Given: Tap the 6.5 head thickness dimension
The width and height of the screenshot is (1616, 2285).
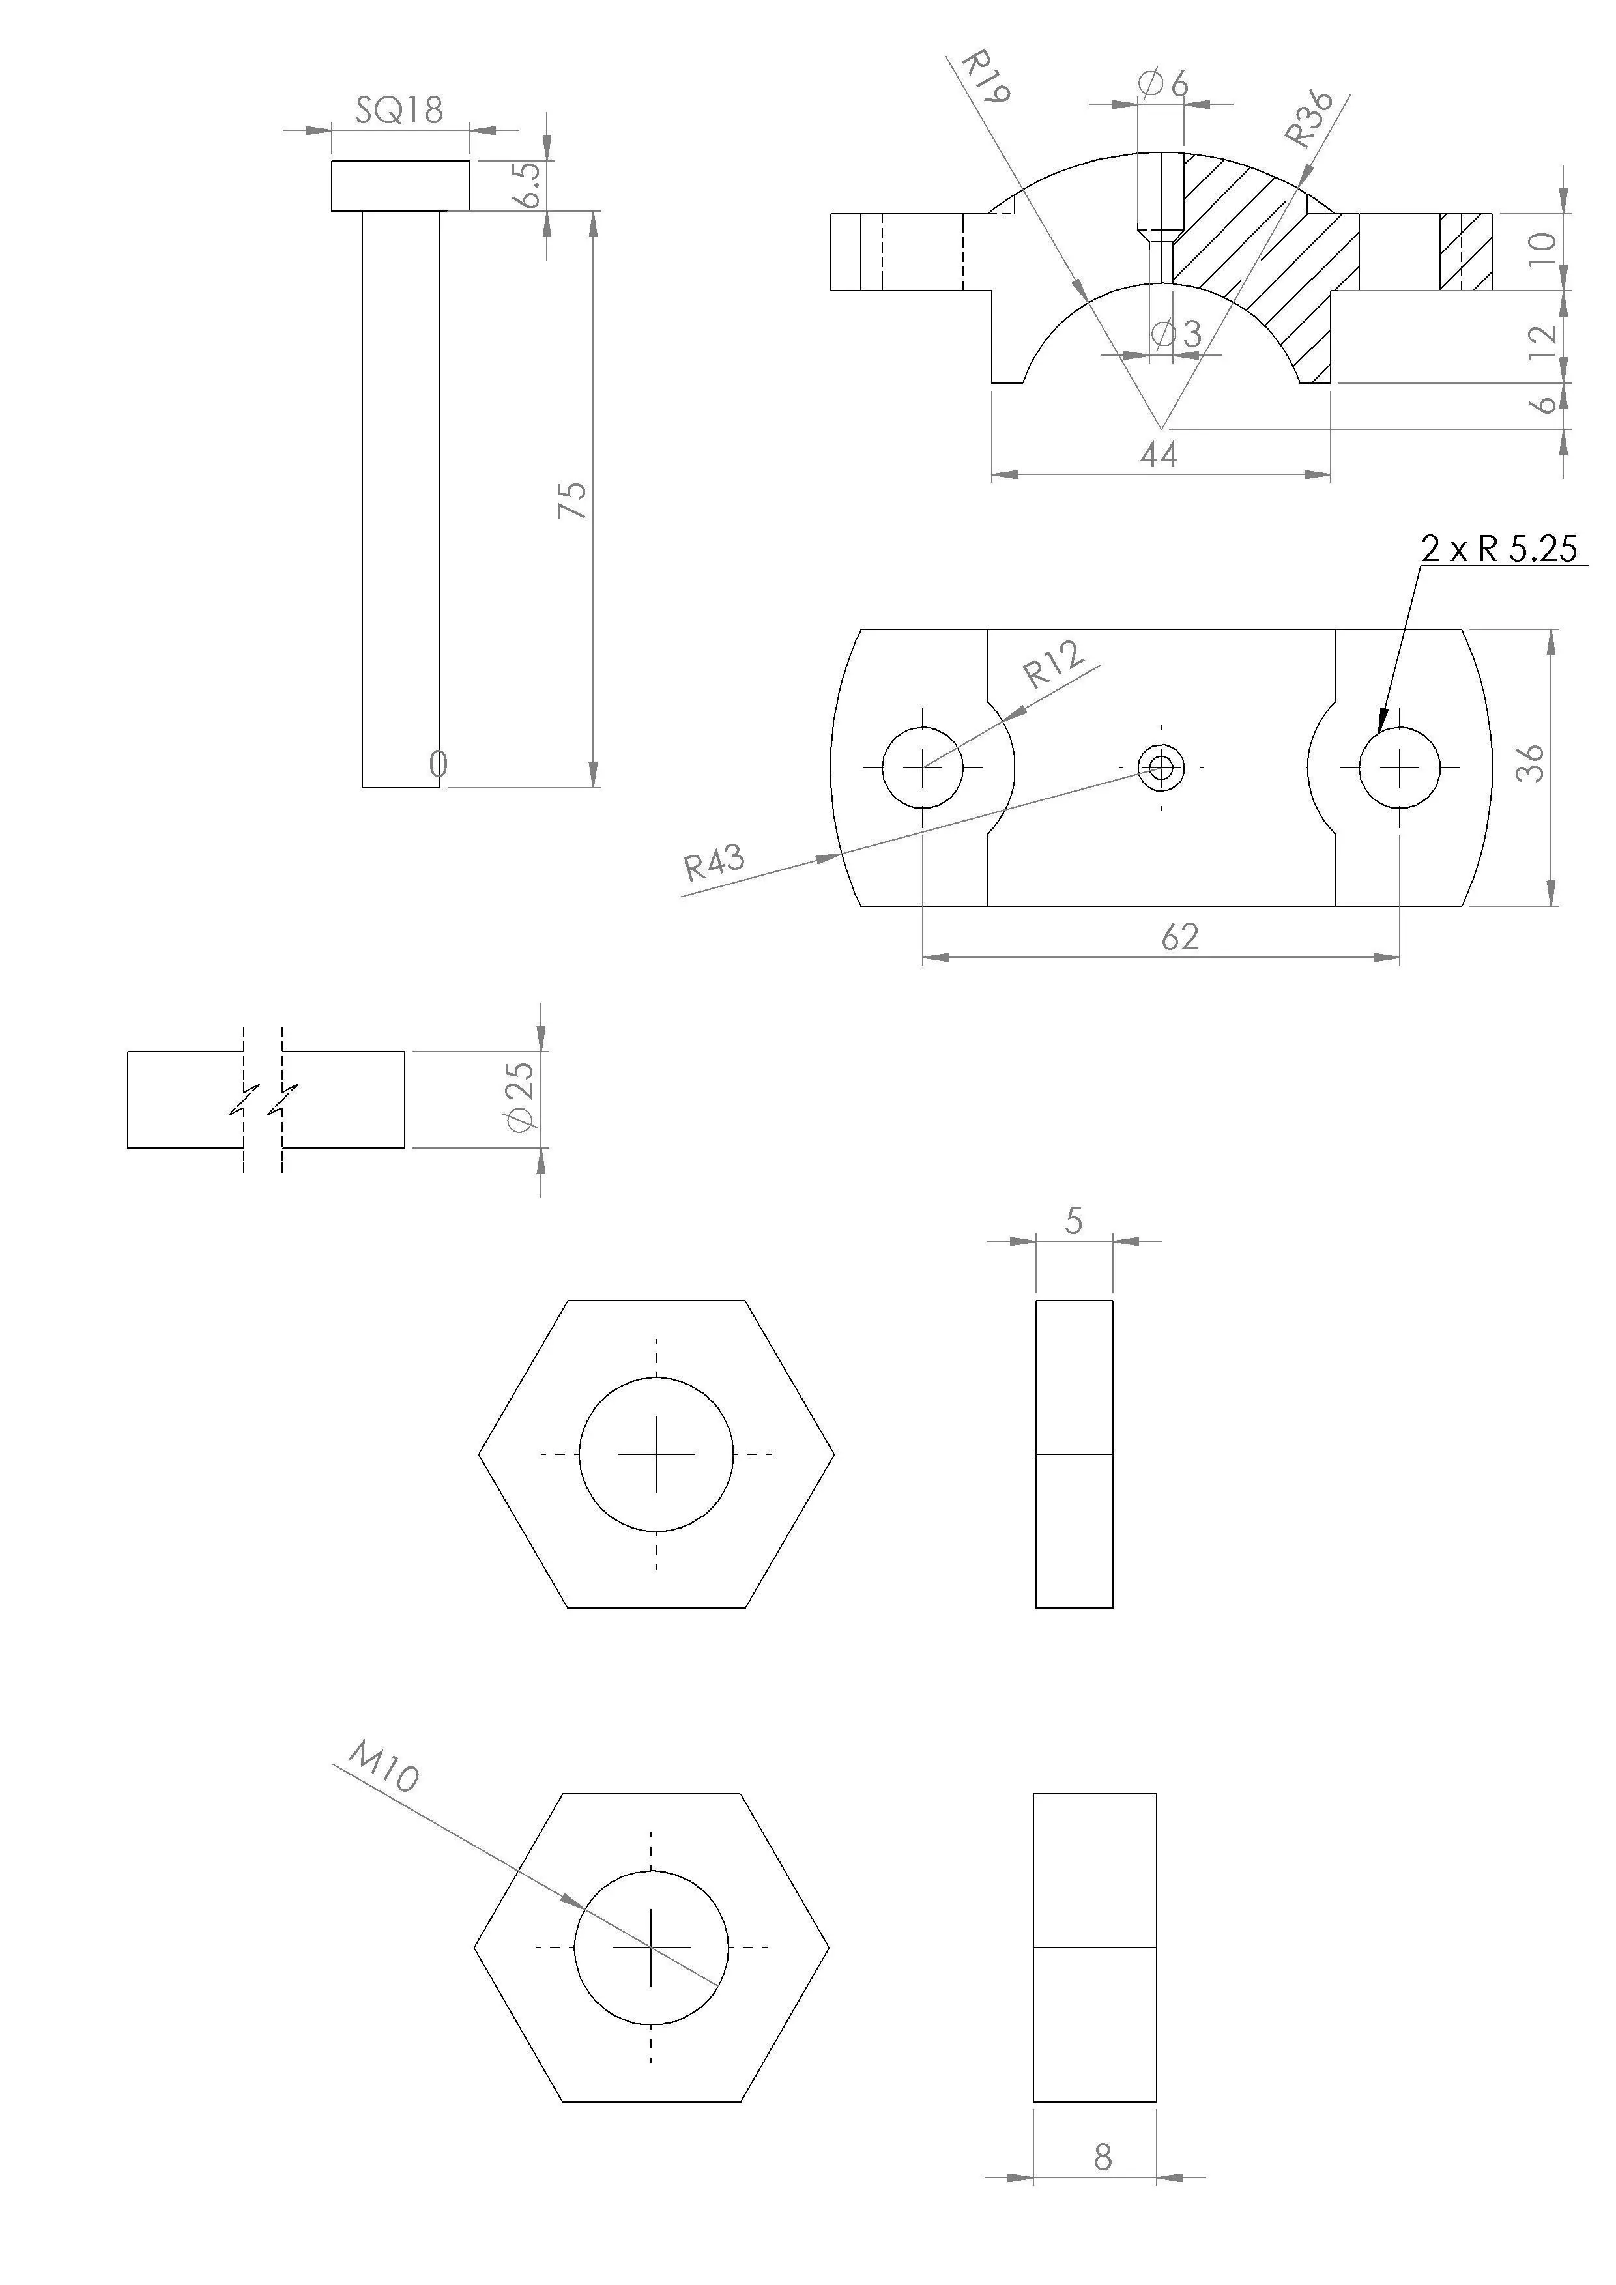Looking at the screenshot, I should pyautogui.click(x=528, y=184).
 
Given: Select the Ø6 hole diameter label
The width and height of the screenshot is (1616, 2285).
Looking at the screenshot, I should pyautogui.click(x=1163, y=85).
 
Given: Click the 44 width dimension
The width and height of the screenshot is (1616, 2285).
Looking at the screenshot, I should pyautogui.click(x=1159, y=455).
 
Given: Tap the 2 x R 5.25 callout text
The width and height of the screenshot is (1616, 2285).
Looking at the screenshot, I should pyautogui.click(x=1499, y=549).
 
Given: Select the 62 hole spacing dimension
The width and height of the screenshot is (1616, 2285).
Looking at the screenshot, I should pyautogui.click(x=1180, y=936).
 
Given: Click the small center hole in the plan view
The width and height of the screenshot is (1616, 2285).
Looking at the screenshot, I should pyautogui.click(x=1161, y=768).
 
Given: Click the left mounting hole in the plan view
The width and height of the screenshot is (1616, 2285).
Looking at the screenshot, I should pyautogui.click(x=923, y=768).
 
